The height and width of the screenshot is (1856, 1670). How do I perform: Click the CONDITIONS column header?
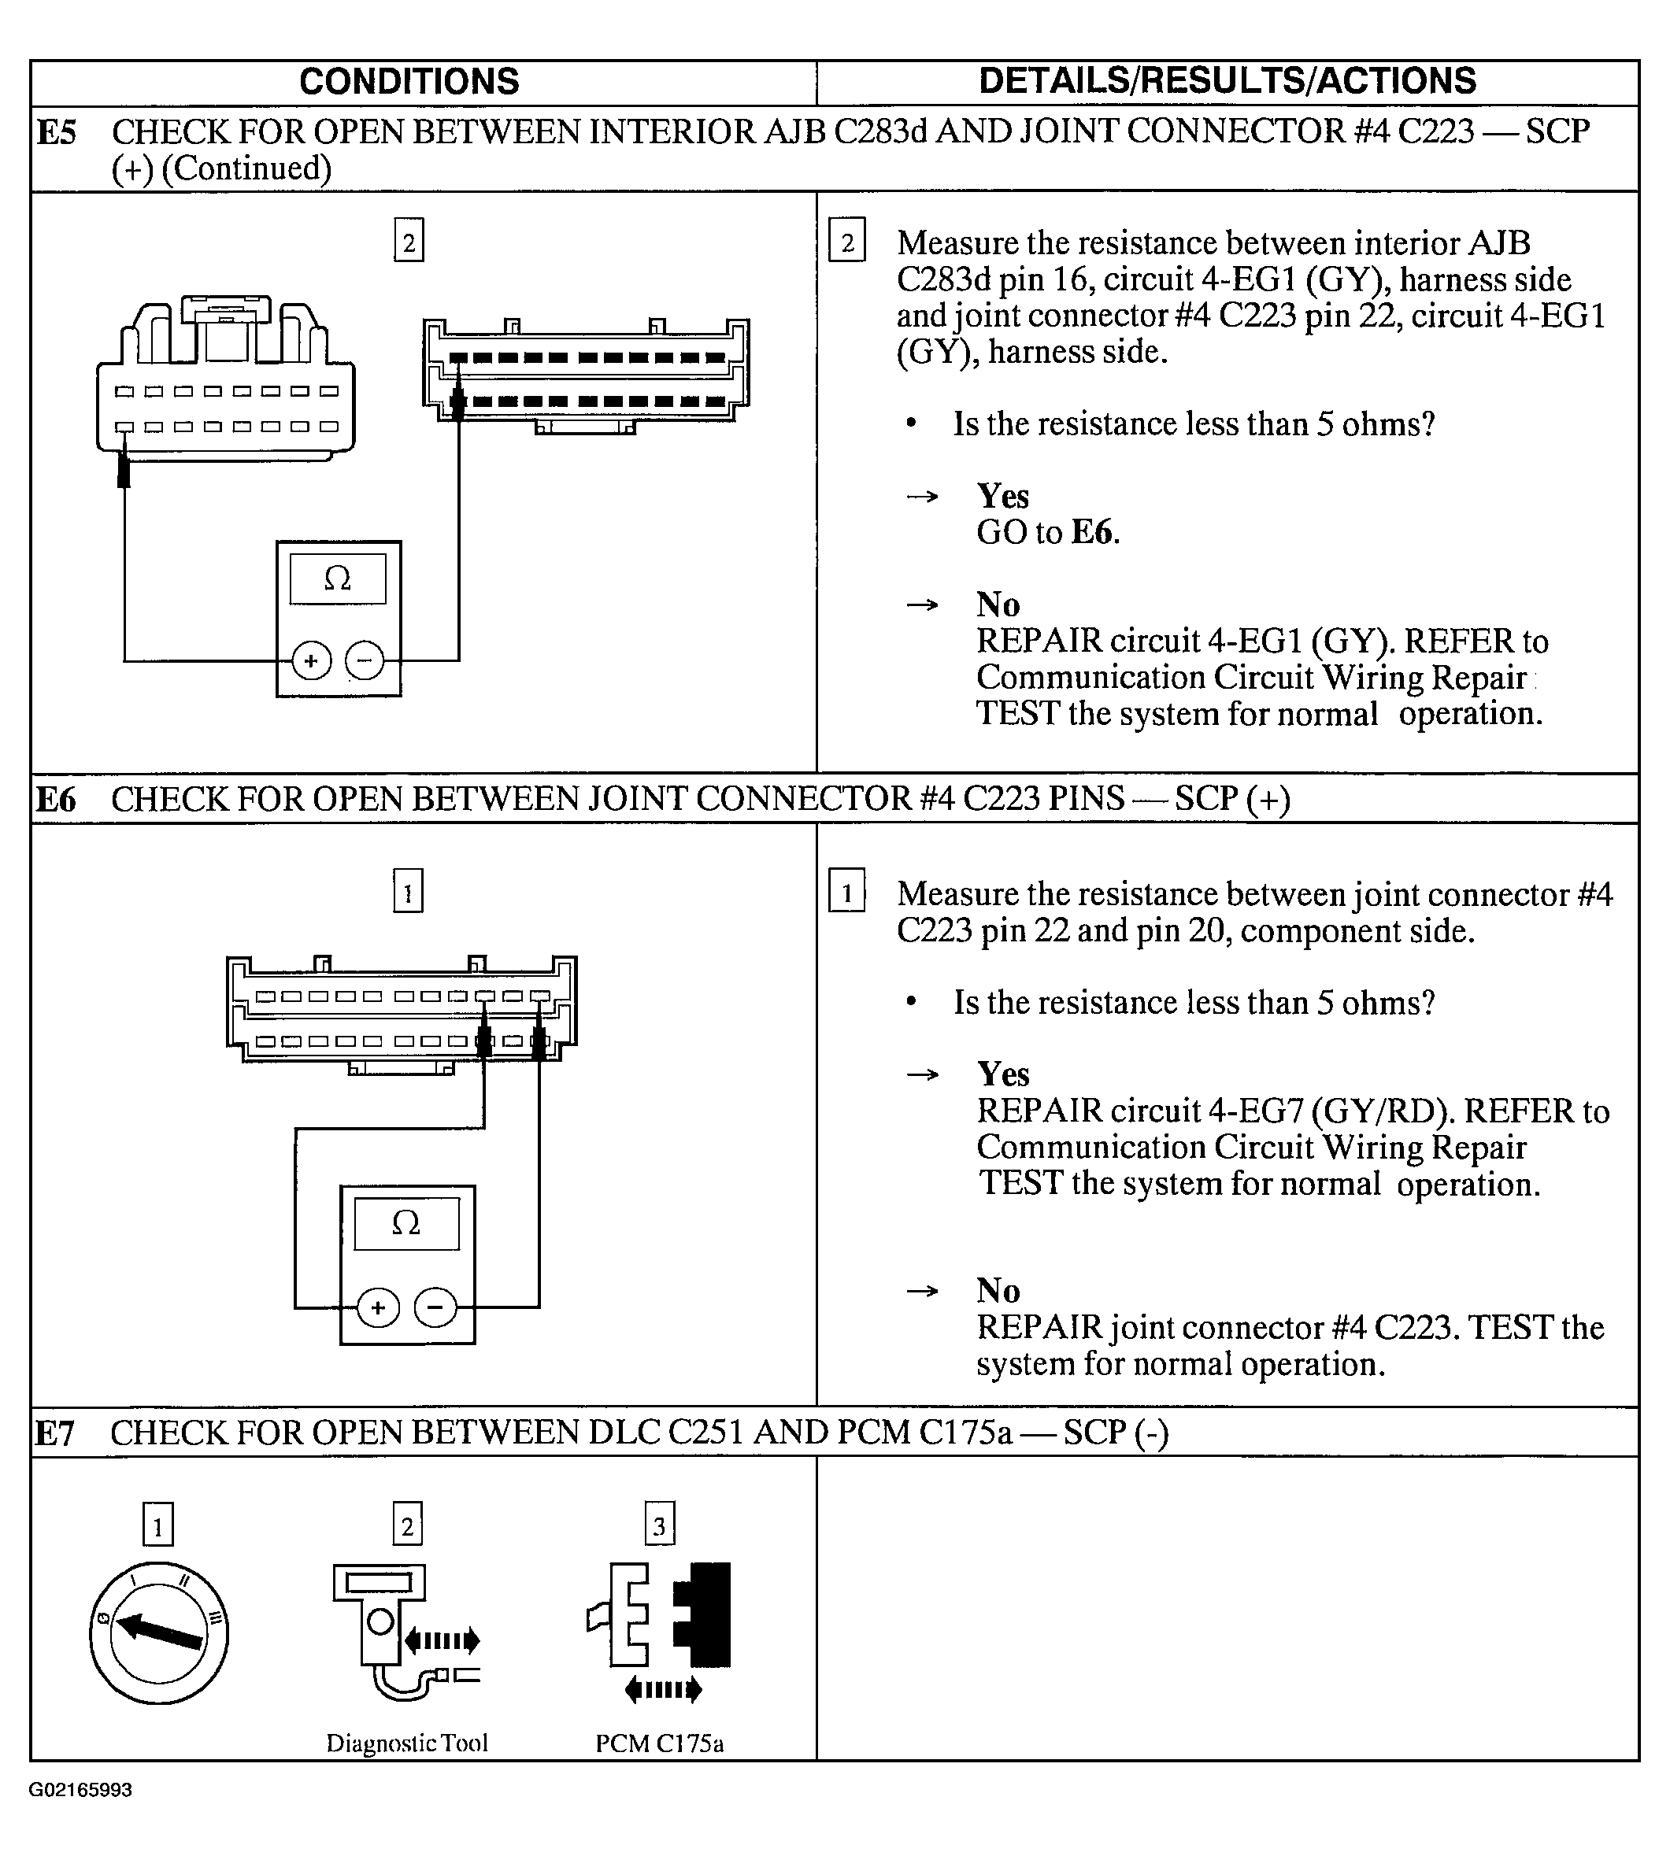click(x=409, y=82)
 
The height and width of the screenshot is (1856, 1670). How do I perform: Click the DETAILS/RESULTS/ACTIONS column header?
click(x=1227, y=81)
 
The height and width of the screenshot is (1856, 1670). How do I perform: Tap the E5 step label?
click(x=56, y=133)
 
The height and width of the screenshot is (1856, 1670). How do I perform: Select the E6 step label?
click(x=56, y=800)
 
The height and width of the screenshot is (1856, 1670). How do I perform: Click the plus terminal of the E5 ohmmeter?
click(x=311, y=660)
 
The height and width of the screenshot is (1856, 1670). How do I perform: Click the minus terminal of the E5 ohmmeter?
click(x=365, y=660)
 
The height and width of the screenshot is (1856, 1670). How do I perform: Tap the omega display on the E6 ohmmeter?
click(x=406, y=1223)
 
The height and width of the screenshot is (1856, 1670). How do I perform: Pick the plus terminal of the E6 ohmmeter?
click(x=378, y=1307)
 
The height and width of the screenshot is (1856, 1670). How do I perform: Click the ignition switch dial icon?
click(x=159, y=1633)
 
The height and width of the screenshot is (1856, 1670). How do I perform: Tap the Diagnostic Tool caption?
click(x=406, y=1743)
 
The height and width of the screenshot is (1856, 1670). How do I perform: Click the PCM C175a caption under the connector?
click(x=659, y=1743)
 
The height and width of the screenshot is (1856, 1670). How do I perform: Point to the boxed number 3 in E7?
click(x=659, y=1525)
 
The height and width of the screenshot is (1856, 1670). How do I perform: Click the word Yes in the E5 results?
click(x=1003, y=497)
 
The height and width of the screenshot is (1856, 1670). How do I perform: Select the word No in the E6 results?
click(x=998, y=1291)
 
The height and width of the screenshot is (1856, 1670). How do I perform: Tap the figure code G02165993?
click(x=81, y=1790)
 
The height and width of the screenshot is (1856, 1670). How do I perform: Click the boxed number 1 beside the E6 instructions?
click(x=846, y=893)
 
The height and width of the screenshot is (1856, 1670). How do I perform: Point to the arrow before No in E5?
click(x=922, y=605)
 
